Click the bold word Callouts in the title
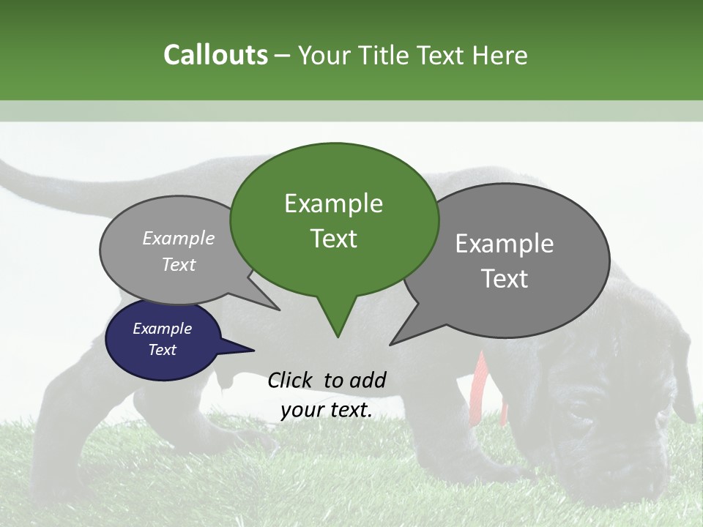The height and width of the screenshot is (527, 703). [215, 55]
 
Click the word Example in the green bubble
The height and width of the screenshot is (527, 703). [333, 203]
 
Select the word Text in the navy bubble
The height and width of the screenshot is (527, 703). [162, 350]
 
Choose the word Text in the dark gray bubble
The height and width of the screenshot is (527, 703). [505, 279]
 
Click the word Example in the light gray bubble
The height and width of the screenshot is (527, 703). [178, 239]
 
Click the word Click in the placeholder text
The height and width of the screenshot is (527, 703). [290, 380]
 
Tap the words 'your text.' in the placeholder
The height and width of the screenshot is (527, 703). [326, 411]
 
